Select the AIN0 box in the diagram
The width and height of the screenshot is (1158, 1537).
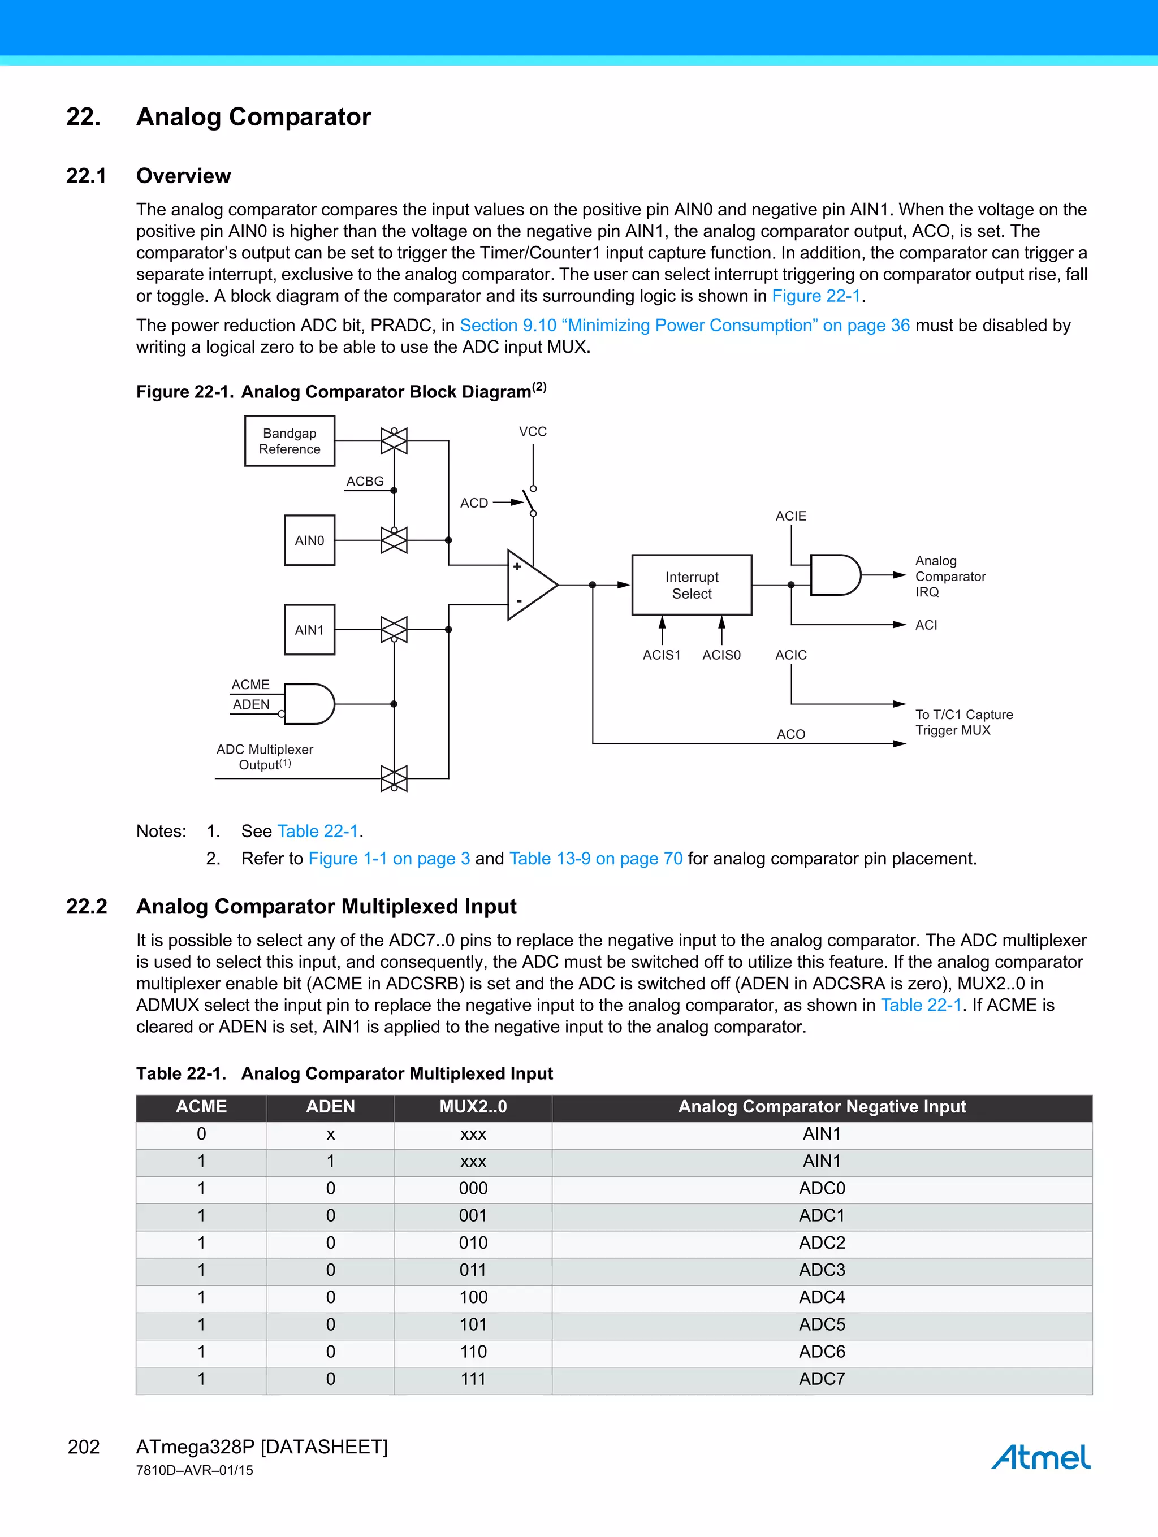coord(309,540)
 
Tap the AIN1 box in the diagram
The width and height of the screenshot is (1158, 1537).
coord(309,630)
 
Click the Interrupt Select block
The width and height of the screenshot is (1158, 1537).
coord(692,585)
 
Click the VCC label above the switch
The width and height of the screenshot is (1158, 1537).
coord(533,431)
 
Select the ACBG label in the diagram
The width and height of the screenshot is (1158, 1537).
coord(365,481)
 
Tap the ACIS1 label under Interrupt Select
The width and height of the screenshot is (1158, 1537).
coord(661,655)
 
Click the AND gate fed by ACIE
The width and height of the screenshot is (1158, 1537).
coord(835,575)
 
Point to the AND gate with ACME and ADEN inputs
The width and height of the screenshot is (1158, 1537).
coord(309,704)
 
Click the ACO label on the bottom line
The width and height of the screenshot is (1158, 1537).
coord(791,734)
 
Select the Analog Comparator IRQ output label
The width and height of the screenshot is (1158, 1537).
coord(949,576)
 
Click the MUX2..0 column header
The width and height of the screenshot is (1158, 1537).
coord(473,1106)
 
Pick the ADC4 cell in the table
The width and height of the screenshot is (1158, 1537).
coord(822,1297)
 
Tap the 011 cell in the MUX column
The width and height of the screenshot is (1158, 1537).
coord(473,1270)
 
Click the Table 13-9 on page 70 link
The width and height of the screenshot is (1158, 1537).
coord(596,858)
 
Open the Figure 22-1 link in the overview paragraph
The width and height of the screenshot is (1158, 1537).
coord(816,296)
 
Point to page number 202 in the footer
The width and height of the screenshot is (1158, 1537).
coord(84,1447)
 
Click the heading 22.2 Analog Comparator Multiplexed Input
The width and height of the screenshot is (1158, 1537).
coord(326,906)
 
